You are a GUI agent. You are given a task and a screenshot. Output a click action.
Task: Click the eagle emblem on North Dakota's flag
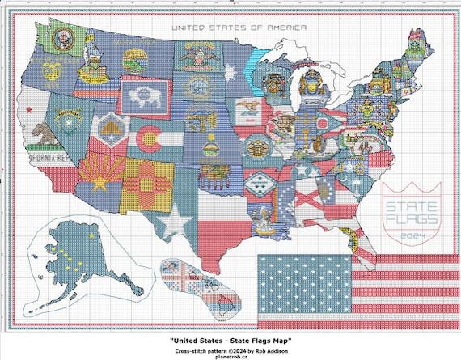195,56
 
